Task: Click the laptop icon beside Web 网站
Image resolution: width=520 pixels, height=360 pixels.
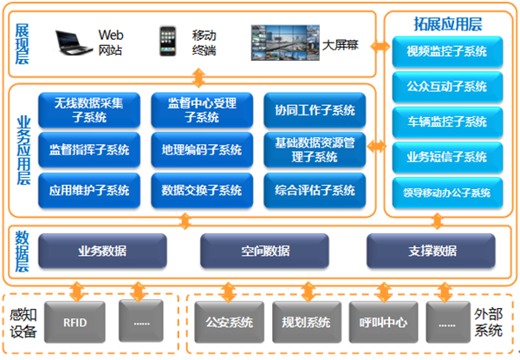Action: [74, 43]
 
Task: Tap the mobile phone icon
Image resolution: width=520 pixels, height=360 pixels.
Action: [168, 41]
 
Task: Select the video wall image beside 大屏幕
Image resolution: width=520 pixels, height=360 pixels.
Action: [285, 43]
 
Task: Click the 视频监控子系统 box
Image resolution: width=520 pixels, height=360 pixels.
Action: [447, 52]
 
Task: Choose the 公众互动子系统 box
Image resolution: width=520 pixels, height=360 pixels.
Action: [447, 87]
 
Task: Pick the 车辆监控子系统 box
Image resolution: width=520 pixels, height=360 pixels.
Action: [447, 122]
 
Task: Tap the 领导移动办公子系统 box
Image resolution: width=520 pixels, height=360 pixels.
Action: [447, 193]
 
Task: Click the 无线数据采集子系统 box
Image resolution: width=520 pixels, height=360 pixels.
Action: [89, 110]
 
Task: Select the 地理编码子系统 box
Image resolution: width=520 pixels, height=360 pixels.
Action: [202, 150]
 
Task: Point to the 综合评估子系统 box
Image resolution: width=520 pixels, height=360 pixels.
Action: [315, 191]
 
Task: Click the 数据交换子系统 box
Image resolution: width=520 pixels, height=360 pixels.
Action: [202, 191]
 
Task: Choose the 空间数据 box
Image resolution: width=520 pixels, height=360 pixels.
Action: [264, 251]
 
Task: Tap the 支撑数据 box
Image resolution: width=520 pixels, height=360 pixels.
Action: [431, 251]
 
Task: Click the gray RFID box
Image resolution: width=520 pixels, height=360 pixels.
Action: [75, 322]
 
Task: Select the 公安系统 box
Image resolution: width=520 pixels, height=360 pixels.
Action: [230, 322]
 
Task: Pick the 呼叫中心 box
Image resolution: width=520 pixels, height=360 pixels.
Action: [383, 322]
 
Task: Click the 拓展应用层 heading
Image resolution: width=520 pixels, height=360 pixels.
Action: [448, 24]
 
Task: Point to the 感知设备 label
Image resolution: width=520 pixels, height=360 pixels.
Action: [23, 324]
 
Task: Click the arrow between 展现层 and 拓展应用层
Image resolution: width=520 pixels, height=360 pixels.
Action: [380, 47]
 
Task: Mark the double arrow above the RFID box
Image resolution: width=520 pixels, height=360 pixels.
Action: [77, 291]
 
